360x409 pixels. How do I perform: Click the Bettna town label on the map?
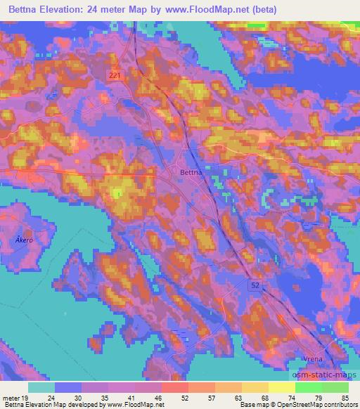[190, 171]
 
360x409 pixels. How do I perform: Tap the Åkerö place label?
[24, 240]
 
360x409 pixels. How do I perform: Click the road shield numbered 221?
[115, 74]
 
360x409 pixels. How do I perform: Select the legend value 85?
[346, 397]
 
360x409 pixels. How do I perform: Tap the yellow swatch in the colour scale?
[282, 387]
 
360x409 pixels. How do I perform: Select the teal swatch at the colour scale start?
[41, 387]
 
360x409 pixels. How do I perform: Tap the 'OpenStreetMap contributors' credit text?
[319, 405]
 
